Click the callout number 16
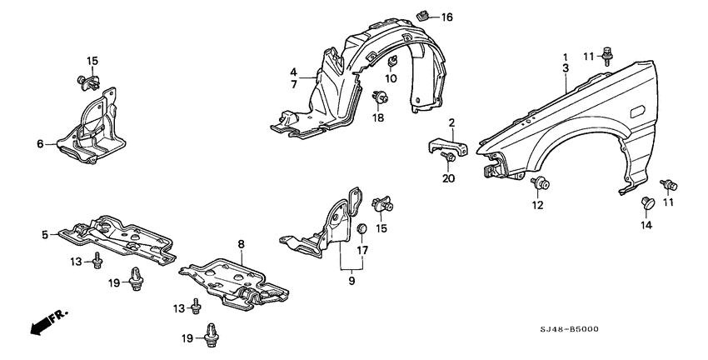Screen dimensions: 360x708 pos(446,17)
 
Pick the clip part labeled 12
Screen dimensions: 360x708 pos(538,183)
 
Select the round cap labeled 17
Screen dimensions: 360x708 pos(361,229)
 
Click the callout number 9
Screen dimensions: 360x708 pos(352,282)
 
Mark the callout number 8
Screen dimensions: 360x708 pos(242,244)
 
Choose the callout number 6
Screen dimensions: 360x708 pos(39,144)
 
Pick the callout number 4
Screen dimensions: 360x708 pos(294,72)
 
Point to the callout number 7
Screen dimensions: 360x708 pos(294,84)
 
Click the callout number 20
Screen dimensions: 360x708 pos(447,177)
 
